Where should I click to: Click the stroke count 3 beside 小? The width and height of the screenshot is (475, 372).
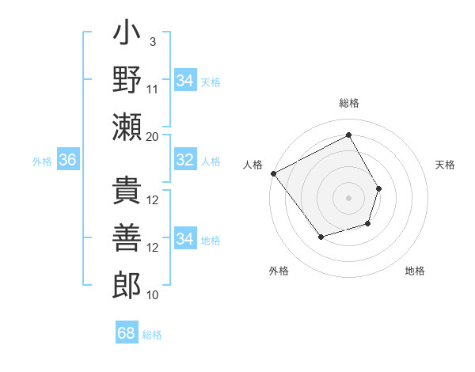pyautogui.click(x=152, y=41)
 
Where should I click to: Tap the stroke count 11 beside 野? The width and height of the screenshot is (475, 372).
pyautogui.click(x=154, y=88)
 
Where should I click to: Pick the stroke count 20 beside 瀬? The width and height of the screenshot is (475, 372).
pyautogui.click(x=153, y=136)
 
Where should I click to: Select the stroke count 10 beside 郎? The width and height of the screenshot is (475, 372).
pyautogui.click(x=153, y=294)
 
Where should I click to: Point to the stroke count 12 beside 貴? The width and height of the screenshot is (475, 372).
pyautogui.click(x=154, y=200)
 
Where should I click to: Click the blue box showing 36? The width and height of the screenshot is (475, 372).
pyautogui.click(x=68, y=160)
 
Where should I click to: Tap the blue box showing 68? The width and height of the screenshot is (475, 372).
pyautogui.click(x=127, y=333)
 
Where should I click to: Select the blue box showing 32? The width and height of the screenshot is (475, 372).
pyautogui.click(x=185, y=160)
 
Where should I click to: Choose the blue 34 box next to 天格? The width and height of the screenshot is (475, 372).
pyautogui.click(x=185, y=81)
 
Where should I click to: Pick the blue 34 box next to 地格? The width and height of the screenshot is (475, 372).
pyautogui.click(x=185, y=239)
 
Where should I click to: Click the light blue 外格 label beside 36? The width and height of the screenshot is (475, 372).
pyautogui.click(x=42, y=161)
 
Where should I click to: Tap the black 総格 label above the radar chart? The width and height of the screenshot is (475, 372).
pyautogui.click(x=348, y=103)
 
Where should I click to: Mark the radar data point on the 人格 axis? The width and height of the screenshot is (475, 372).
pyautogui.click(x=273, y=173)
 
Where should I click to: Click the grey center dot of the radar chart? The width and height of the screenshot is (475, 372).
pyautogui.click(x=348, y=197)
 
